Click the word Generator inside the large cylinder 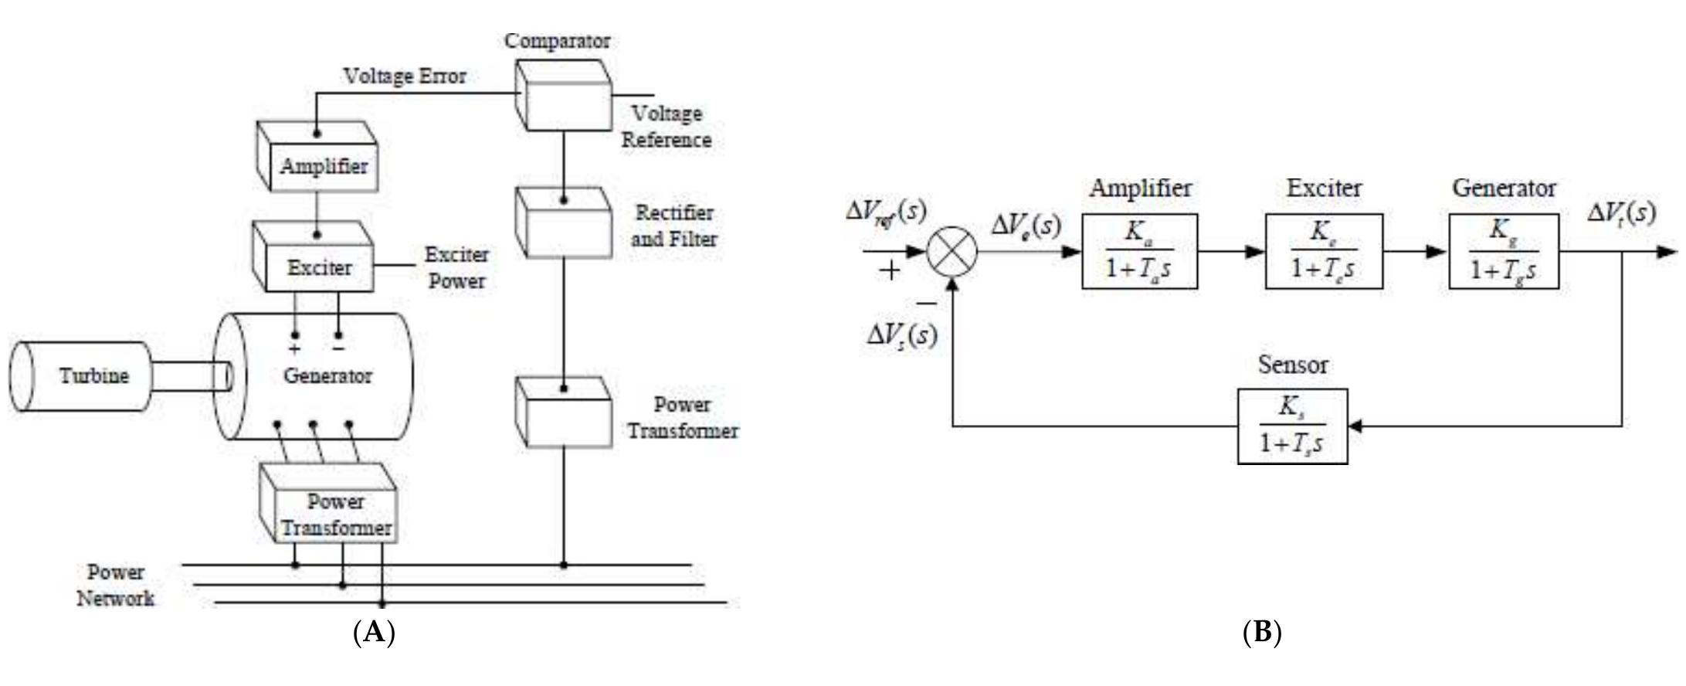[327, 376]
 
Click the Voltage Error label [405, 76]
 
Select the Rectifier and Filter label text [673, 226]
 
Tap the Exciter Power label [456, 267]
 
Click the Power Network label [115, 586]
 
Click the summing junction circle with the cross [952, 252]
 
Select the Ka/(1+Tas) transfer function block [1139, 252]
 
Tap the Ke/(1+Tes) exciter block [1323, 252]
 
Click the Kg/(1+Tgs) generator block [1503, 252]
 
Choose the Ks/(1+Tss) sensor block [1292, 426]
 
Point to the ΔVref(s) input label [885, 210]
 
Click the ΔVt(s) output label [1621, 212]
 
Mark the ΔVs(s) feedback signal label [901, 335]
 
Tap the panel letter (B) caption [1262, 633]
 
